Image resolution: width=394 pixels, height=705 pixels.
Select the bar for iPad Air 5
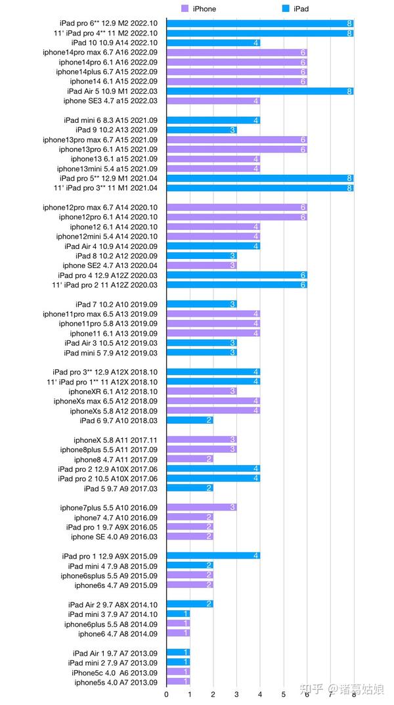pos(260,91)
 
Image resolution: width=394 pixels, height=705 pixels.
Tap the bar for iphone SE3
pos(213,101)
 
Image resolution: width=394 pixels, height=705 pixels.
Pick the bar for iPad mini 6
pos(213,120)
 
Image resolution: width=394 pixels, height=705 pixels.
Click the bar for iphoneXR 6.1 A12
pos(202,392)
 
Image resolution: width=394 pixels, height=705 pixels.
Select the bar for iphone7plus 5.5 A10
pos(202,507)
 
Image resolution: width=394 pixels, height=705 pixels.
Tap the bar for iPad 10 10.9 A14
pos(213,43)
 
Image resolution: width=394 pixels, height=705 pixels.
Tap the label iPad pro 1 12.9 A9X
pos(110,556)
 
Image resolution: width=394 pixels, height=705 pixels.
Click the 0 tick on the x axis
pos(167,694)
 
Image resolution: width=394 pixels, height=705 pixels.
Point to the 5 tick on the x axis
pos(284,694)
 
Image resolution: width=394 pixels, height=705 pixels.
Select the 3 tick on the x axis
pos(237,694)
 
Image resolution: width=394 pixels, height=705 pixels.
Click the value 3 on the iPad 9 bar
pos(232,130)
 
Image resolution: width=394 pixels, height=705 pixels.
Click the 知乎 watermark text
pos(311,689)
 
